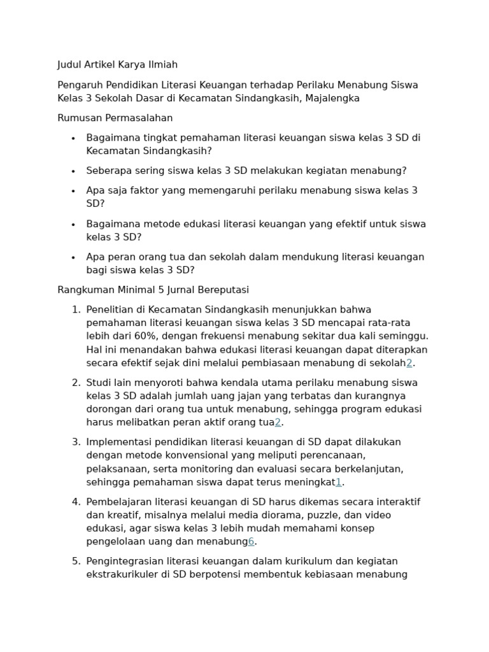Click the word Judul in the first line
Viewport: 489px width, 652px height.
[x=70, y=65]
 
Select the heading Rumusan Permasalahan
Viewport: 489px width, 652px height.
[x=115, y=118]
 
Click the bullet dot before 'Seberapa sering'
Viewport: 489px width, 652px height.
[x=73, y=171]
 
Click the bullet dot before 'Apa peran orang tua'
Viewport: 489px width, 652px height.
[x=73, y=258]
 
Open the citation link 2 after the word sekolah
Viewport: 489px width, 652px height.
[x=409, y=363]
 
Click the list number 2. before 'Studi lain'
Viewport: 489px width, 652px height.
[x=76, y=383]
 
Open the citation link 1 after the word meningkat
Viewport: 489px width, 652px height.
[x=339, y=483]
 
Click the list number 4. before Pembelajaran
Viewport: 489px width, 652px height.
[x=76, y=502]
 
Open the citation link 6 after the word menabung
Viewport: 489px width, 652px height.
[x=251, y=542]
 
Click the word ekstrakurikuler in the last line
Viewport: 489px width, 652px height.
[x=124, y=575]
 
